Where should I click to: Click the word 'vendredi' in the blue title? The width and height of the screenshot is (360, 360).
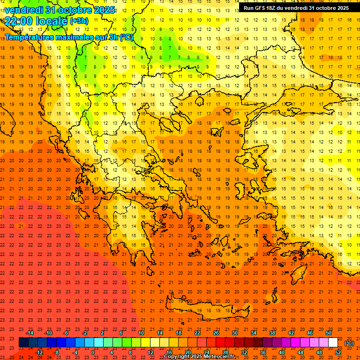25,9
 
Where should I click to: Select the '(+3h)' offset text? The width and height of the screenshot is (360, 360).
78,21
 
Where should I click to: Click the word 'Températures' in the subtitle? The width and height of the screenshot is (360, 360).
30,37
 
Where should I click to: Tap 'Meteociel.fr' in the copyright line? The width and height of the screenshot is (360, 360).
218,357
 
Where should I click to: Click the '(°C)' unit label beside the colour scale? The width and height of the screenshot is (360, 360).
349,343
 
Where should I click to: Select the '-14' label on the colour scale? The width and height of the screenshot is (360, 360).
29,333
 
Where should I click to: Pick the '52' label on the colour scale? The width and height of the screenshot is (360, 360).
338,352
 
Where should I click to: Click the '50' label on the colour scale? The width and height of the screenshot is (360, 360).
329,333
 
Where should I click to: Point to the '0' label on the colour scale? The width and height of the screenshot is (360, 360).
93,352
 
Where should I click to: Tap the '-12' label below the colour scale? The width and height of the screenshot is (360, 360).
39,352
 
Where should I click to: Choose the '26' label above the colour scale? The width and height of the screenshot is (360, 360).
216,333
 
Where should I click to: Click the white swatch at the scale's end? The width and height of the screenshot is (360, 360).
333,343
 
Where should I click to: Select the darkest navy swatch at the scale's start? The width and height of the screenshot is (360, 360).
24,343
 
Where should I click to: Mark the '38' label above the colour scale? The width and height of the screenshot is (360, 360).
272,333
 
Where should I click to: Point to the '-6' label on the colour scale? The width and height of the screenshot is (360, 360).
66,333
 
